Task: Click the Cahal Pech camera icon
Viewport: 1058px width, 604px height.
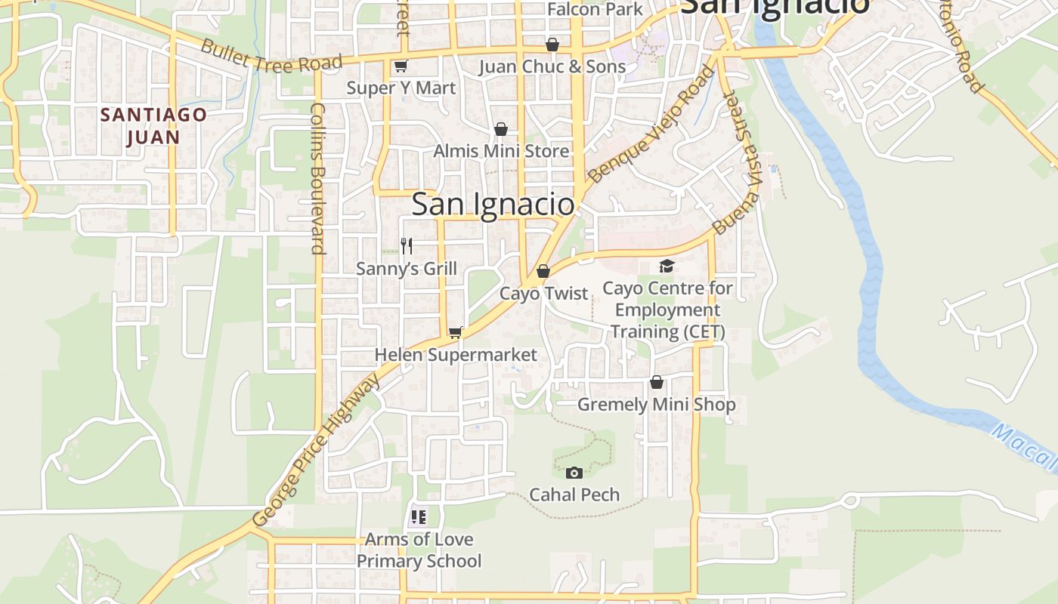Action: [574, 473]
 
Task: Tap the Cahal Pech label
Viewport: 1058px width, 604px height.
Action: [574, 495]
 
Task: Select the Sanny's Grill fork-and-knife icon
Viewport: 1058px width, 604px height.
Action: [407, 245]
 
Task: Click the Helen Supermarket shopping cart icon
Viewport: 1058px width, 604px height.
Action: [455, 332]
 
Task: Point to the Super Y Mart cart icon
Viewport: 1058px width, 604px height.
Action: [401, 66]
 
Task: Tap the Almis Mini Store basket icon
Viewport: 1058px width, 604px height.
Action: [500, 130]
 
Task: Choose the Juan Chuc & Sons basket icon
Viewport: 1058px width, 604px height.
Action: [552, 45]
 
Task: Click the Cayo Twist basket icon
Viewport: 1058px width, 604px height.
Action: [543, 271]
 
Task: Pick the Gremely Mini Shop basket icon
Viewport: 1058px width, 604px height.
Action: [656, 383]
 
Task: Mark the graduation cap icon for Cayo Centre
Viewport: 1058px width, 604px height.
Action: [667, 266]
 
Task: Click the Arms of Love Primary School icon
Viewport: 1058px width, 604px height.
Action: [419, 517]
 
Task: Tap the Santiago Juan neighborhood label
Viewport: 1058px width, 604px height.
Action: [153, 126]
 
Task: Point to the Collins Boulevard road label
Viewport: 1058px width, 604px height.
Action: [317, 178]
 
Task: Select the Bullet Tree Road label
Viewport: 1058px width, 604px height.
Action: [271, 55]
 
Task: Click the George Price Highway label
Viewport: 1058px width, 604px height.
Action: [317, 451]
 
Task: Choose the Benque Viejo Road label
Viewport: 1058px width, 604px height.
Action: [651, 125]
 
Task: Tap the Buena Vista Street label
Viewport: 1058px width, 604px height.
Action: [738, 162]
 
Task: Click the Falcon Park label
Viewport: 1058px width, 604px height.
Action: [595, 9]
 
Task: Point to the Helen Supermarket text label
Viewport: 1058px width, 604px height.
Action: [456, 355]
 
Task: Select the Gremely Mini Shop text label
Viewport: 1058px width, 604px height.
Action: [656, 405]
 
